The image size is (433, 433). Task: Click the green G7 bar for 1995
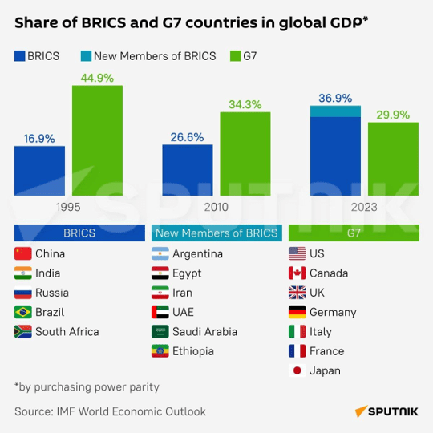coord(97,140)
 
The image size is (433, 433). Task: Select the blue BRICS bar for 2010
coord(187,170)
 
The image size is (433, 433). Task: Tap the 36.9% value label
coord(334,99)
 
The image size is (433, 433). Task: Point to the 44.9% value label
coord(97,78)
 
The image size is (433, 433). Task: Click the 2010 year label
coord(216,207)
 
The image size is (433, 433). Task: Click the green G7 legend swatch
coord(236,56)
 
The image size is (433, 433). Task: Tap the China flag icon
coord(22,254)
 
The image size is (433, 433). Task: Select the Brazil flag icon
coord(22,312)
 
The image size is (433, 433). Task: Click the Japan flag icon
coord(297,370)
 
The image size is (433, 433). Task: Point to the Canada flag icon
coord(297,273)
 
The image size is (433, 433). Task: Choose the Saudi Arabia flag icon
coord(160,331)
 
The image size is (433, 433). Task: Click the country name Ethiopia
coord(192,351)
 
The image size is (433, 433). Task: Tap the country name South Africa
coord(67,331)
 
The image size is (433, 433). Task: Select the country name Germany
coord(332,312)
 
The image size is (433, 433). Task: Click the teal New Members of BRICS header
coord(216,233)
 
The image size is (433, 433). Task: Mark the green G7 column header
coord(354,233)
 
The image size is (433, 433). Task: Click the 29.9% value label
coord(393,115)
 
